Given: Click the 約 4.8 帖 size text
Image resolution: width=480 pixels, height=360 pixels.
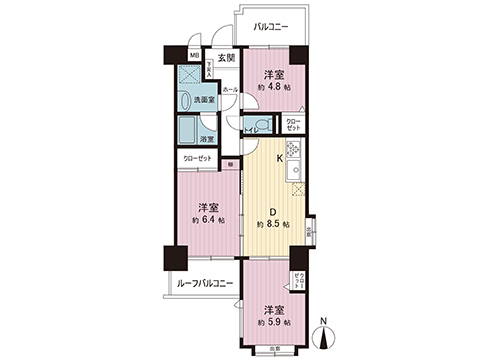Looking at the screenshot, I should [x=274, y=88].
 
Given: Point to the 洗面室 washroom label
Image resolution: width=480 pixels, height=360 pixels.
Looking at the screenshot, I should [x=204, y=99].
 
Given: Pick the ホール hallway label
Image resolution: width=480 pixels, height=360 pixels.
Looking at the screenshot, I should [x=229, y=90].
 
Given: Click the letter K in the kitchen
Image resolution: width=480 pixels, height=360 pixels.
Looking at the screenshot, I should [x=279, y=157].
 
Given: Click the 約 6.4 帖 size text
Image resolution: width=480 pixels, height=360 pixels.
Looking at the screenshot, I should [x=208, y=219].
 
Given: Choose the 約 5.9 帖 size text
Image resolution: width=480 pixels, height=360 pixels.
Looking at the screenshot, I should [x=274, y=323].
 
